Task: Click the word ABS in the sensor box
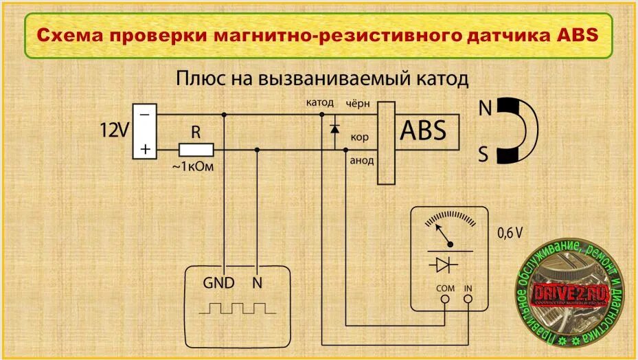coord(423,130)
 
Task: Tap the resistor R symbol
coord(196,149)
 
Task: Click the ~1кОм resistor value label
coord(194,167)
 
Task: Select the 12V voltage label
coord(115,129)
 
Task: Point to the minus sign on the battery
coord(144,114)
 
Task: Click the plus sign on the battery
coord(144,149)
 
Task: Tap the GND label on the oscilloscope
coord(218,283)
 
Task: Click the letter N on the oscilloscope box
coord(258,283)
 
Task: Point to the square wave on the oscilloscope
coord(237,306)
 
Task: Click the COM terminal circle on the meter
coord(445,299)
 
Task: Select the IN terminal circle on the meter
coord(469,299)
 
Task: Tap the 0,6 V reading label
coord(510,233)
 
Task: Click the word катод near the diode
coord(320,103)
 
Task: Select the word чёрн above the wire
coord(357,103)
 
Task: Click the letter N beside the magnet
coord(485,109)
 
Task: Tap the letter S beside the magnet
coord(483,156)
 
